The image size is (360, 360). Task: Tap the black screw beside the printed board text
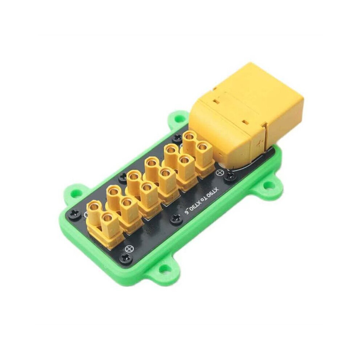[x=176, y=219]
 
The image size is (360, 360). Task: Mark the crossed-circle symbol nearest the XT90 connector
[x=221, y=172]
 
